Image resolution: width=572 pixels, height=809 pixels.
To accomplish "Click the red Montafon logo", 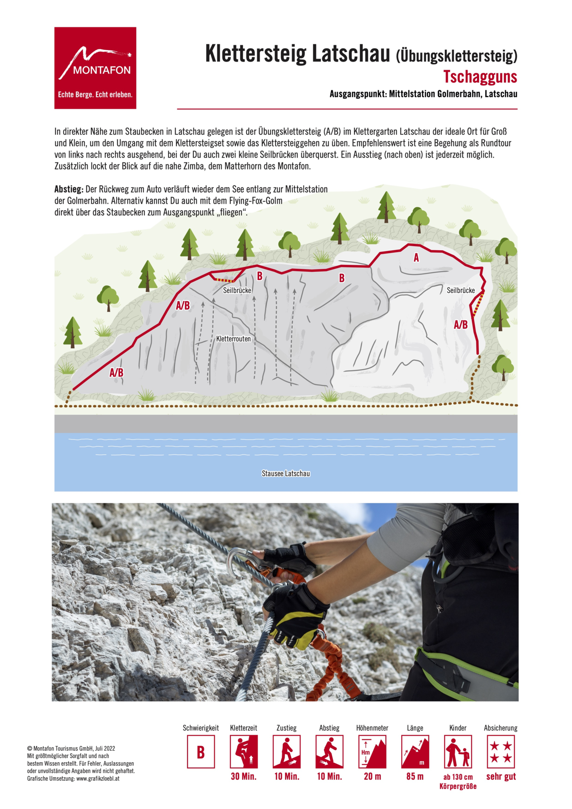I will pos(95,68).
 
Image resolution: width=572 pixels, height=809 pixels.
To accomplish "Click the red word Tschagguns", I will pos(480,77).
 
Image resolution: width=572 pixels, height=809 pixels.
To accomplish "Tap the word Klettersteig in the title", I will pos(255,54).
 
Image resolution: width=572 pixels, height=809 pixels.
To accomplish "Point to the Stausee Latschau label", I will pos(285,474).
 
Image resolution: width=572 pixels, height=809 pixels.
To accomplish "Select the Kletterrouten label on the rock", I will pos(233,339).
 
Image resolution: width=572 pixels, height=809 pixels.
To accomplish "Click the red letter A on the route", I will pos(416,257).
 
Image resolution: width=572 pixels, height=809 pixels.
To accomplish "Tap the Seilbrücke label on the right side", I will pos(460,290).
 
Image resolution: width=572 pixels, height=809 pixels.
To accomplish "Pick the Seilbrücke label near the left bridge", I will pos(237,290).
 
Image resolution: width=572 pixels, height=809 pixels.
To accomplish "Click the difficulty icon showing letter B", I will pos(201,752).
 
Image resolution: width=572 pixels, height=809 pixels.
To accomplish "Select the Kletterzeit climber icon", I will pos(244,752).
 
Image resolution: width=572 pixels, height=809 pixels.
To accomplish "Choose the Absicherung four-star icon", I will pos(500,752).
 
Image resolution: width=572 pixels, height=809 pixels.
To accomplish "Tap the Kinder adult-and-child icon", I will pos(457,752).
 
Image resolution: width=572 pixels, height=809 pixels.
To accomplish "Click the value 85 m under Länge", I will pos(415,776).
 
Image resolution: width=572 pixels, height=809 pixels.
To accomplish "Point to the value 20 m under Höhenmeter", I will pos(372,776).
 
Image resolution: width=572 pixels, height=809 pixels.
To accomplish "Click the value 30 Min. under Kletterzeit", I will pos(244,776).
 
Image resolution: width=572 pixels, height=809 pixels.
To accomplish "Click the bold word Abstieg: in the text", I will pos(69,189).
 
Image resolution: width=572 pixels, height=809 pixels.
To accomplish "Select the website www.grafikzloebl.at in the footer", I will pos(97,778).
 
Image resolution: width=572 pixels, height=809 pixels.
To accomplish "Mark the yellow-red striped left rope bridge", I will pos(224,280).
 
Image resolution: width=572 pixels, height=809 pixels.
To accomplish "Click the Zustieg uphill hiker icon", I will pos(287,752).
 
